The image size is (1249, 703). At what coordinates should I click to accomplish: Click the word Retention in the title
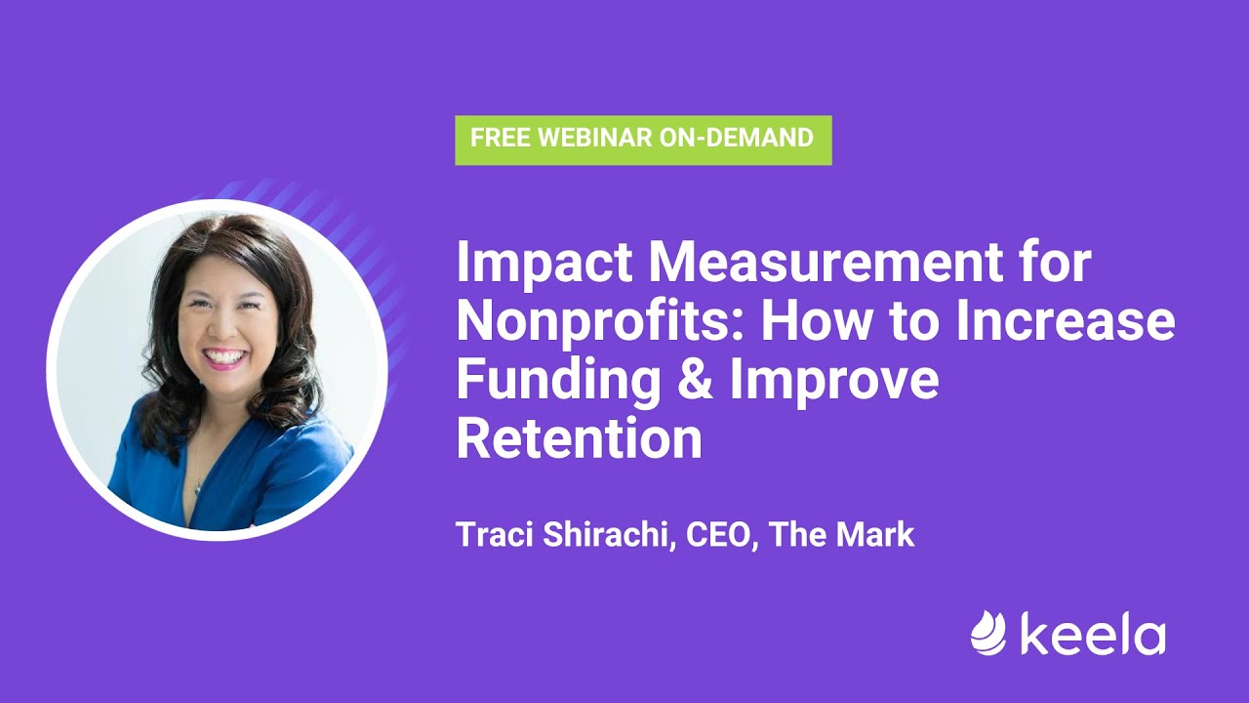click(x=579, y=439)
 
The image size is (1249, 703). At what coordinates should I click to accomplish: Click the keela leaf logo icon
click(x=987, y=634)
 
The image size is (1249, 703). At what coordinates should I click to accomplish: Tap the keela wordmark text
click(x=1093, y=635)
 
